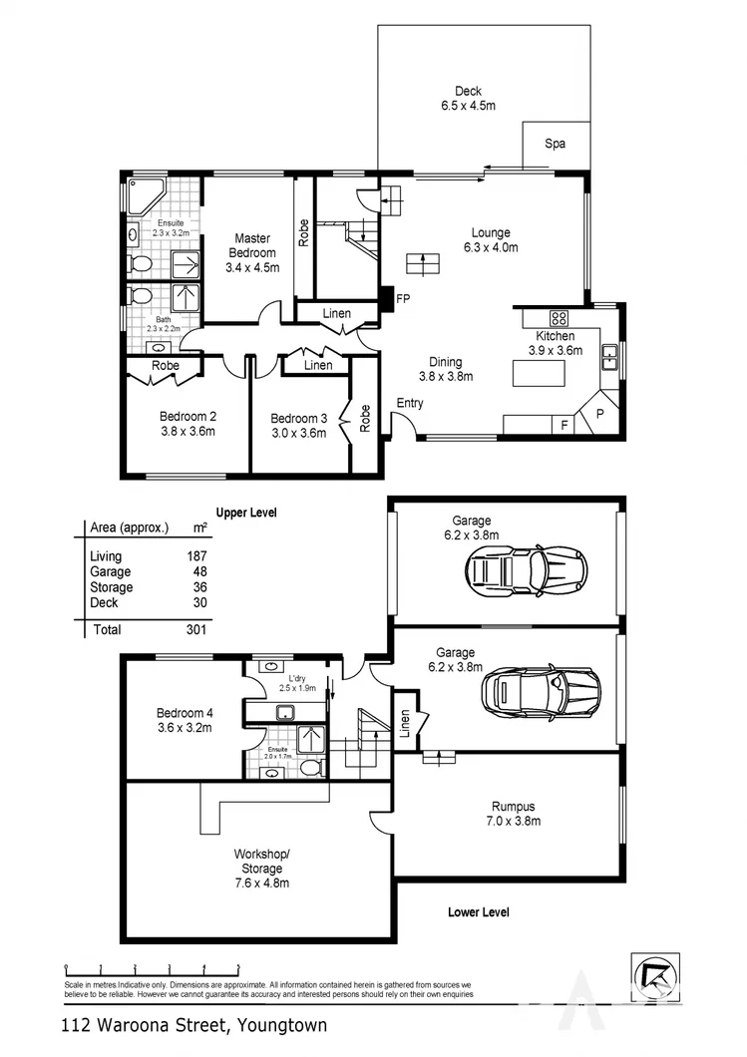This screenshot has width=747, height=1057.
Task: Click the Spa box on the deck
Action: tap(555, 145)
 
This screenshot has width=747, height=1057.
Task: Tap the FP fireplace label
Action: tap(403, 298)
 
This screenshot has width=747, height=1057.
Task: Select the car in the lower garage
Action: tap(540, 690)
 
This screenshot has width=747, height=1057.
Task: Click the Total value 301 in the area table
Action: tap(195, 629)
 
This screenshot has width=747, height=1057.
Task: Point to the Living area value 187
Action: tap(195, 556)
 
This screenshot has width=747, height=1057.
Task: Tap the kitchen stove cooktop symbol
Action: tap(560, 319)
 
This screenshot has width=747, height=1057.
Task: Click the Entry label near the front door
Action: tap(410, 403)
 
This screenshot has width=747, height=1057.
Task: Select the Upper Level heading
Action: tap(245, 512)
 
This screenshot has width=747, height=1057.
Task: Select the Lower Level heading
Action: tap(479, 911)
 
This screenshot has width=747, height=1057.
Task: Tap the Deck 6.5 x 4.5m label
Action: tap(468, 98)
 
